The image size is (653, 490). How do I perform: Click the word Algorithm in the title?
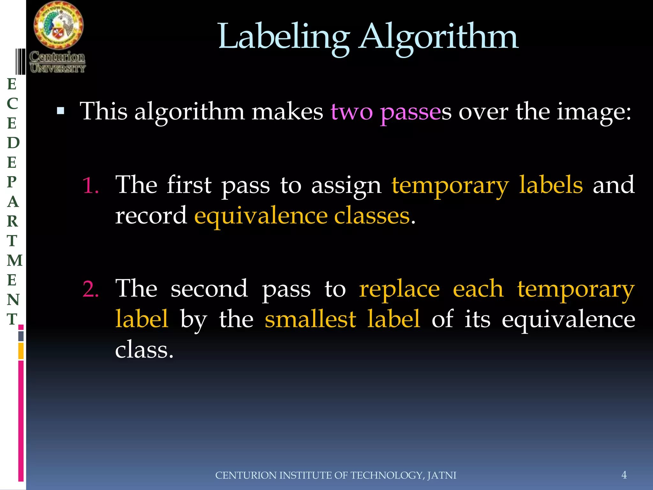438,37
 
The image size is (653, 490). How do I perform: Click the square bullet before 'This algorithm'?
61,111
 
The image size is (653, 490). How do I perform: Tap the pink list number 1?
91,186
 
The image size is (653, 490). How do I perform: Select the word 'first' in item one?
189,185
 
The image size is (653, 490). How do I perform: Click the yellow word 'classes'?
372,216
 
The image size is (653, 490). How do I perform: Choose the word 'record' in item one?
151,216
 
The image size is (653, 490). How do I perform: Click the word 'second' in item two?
209,289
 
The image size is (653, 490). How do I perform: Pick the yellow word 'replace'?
399,289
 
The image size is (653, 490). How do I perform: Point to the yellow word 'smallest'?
310,319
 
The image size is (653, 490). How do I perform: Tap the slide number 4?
624,475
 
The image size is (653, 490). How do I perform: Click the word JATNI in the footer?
442,475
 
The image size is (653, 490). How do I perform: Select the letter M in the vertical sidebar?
15,260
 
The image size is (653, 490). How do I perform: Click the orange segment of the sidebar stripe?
21,351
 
